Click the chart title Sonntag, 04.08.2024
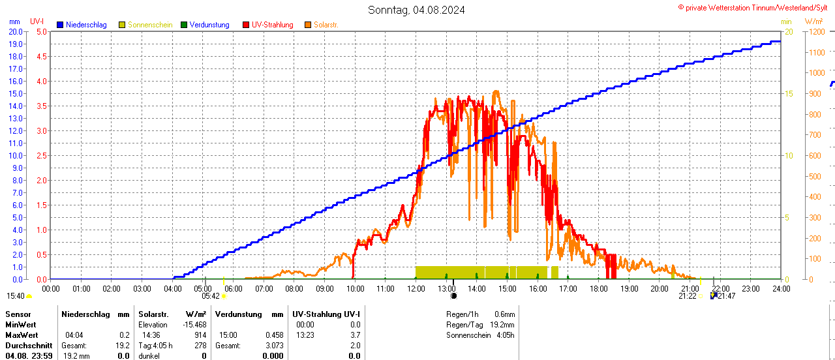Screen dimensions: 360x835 416,10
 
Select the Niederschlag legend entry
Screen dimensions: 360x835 86,25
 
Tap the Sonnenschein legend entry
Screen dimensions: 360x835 150,25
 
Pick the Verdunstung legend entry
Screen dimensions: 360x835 209,25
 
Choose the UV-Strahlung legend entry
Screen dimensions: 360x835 272,25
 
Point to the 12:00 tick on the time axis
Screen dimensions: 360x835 416,288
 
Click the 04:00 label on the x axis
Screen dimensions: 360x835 172,288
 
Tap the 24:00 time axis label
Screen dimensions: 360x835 781,288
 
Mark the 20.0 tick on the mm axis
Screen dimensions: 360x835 16,31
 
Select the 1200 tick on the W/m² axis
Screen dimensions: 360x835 815,31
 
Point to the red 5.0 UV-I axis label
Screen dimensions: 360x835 41,31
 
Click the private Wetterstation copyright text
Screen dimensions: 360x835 756,7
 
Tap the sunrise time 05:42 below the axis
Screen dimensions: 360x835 211,296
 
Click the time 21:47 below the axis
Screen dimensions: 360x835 726,296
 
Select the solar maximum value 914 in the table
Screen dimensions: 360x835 200,335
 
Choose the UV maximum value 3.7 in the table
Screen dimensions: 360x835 355,335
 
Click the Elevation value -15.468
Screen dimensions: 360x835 195,325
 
